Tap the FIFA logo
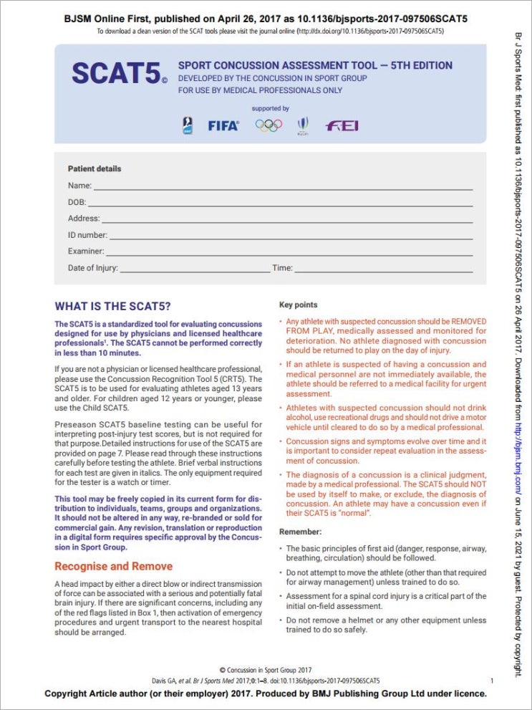coord(223,125)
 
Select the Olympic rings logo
coord(269,125)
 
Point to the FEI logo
coord(342,125)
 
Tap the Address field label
coord(84,219)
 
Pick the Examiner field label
coord(86,251)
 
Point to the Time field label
coord(282,268)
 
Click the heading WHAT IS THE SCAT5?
coord(113,306)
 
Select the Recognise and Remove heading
coord(113,566)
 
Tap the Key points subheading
coord(298,305)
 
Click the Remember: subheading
coord(299,532)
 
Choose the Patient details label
coord(95,169)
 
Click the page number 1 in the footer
coord(491,680)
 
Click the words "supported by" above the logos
coord(270,109)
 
